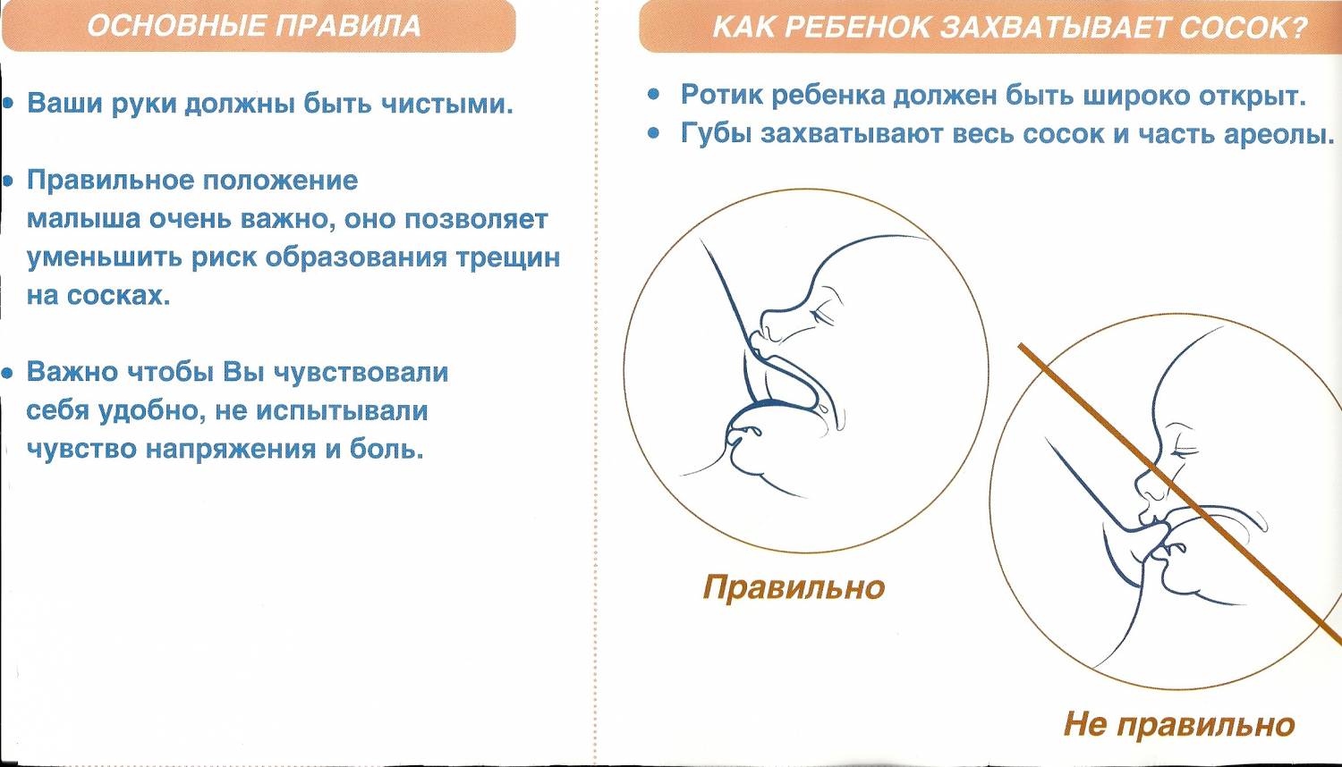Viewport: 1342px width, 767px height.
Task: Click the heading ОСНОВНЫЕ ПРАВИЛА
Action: click(x=254, y=25)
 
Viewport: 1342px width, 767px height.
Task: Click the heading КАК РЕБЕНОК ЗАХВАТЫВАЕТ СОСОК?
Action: click(x=1009, y=28)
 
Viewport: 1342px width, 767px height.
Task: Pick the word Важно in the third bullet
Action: click(x=72, y=372)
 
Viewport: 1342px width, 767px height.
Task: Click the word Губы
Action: click(x=716, y=134)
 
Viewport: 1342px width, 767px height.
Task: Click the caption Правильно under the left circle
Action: click(x=794, y=587)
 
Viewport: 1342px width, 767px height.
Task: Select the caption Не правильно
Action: click(x=1178, y=724)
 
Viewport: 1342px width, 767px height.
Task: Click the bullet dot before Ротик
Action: click(x=654, y=95)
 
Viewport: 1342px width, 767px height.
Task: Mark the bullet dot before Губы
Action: click(x=654, y=134)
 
